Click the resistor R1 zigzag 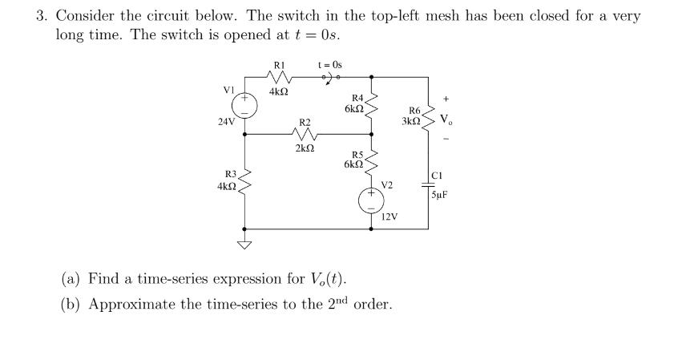pos(278,78)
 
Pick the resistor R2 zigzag pos(305,135)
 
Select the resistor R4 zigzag pos(371,107)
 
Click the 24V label pos(226,123)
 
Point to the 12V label pos(389,216)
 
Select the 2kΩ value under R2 pos(305,149)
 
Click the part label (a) pos(73,279)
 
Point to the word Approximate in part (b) pos(128,305)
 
